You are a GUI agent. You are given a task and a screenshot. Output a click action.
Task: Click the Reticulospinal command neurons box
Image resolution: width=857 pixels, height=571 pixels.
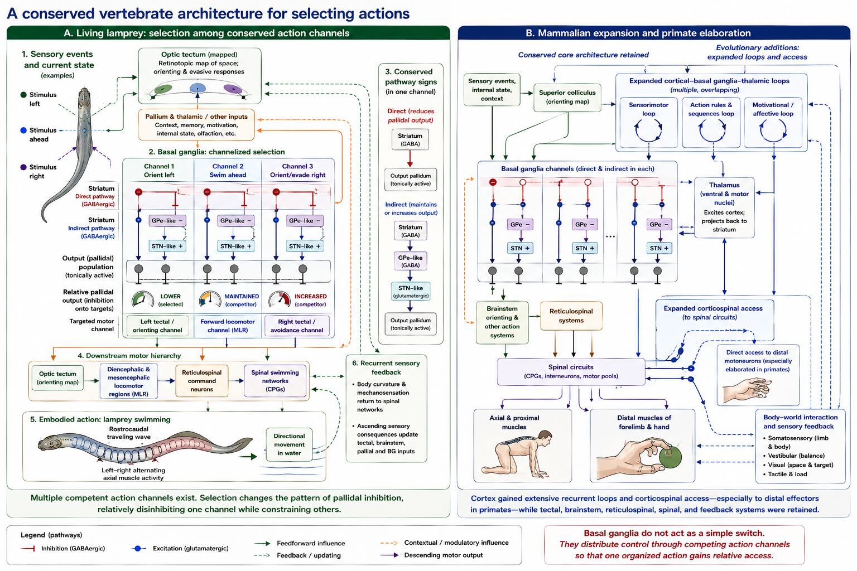coord(201,381)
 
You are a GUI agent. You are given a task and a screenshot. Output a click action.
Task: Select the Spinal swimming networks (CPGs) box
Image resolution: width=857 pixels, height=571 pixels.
coord(275,380)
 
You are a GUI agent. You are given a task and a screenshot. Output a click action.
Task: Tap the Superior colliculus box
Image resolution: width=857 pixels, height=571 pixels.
coord(567,97)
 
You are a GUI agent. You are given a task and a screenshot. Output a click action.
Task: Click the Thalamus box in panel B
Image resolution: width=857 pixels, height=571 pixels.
coord(724,207)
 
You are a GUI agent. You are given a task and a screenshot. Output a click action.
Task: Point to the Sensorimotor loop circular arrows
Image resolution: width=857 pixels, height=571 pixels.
coord(648,130)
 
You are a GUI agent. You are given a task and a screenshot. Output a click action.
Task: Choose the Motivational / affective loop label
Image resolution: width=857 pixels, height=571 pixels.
coord(773,109)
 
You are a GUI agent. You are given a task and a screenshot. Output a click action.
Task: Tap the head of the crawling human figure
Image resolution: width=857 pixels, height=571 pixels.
coord(545,437)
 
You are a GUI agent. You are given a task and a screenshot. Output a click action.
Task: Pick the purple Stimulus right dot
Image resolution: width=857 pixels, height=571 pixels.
coord(23,167)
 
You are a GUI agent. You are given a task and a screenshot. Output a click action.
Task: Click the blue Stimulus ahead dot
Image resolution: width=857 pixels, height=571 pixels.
coord(23,130)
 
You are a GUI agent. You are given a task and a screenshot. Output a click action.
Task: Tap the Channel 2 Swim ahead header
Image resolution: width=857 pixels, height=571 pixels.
coord(228,171)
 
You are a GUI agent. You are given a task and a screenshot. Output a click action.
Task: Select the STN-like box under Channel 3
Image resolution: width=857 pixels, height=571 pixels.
coord(305,246)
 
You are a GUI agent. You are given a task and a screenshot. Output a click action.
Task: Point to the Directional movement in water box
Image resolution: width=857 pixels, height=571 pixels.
coord(289,444)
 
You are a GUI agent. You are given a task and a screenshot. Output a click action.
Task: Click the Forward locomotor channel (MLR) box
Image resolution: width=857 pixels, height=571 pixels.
coord(228,326)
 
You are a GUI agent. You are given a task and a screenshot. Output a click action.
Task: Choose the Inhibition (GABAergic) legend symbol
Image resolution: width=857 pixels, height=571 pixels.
coord(28,549)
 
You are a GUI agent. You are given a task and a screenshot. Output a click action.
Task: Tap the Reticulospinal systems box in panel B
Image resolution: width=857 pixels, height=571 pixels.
coord(571,316)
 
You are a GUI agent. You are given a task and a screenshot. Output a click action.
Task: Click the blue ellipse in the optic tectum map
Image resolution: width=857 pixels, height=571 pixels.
coord(198,88)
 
